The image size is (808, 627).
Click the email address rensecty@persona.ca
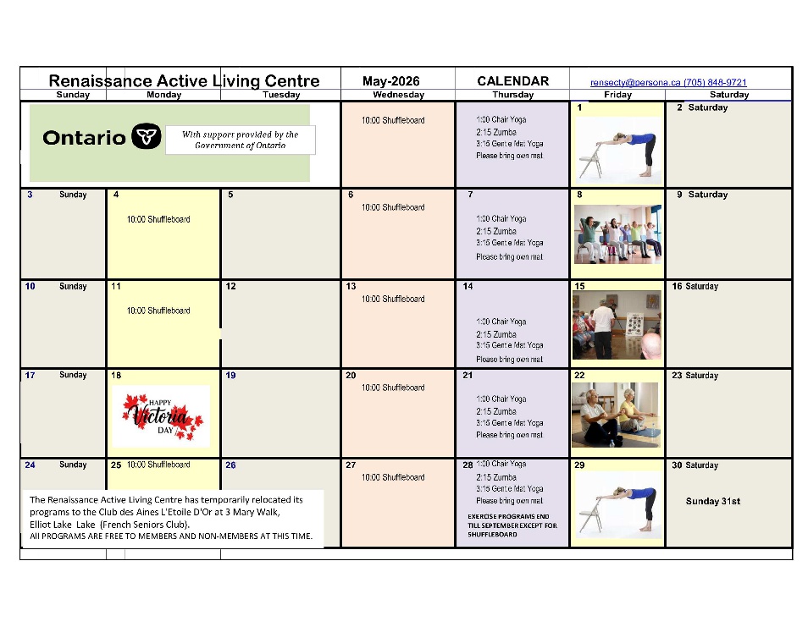pos(635,82)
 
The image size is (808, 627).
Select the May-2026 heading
pos(390,81)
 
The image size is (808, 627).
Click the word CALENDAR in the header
pos(512,81)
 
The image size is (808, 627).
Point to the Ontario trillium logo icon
pos(147,137)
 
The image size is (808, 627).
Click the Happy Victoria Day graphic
pos(161,415)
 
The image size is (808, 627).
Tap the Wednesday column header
pos(398,96)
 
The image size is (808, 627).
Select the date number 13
pos(351,286)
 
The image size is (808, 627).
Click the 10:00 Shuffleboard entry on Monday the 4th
pos(158,219)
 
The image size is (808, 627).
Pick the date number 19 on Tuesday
pos(231,375)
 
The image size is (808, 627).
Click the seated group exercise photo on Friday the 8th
pos(617,234)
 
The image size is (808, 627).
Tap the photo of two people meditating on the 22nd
pos(616,415)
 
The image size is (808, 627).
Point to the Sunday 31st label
pos(712,501)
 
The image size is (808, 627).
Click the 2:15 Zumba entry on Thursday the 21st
pos(496,411)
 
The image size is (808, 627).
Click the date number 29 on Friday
pos(579,465)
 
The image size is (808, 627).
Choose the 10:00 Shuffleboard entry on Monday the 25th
pos(158,465)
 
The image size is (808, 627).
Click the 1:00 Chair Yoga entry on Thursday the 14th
pos(501,322)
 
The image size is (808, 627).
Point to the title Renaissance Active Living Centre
pos(184,81)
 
